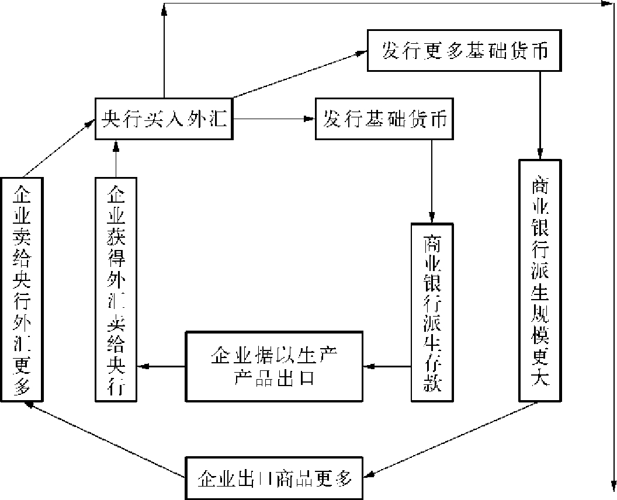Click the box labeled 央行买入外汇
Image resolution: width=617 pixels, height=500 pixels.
pyautogui.click(x=164, y=119)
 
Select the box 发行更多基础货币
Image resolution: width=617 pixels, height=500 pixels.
pyautogui.click(x=465, y=50)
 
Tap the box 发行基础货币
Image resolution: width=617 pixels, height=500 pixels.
pyautogui.click(x=385, y=120)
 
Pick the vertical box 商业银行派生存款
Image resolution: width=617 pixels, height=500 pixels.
pyautogui.click(x=432, y=312)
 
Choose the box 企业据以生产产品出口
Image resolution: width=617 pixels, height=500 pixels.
pyautogui.click(x=273, y=366)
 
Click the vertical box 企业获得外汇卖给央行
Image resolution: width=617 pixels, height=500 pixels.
pyautogui.click(x=116, y=289)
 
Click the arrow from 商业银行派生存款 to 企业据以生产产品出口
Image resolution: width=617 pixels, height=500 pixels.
pyautogui.click(x=386, y=367)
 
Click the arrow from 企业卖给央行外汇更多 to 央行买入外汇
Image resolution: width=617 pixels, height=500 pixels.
pyautogui.click(x=58, y=148)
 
